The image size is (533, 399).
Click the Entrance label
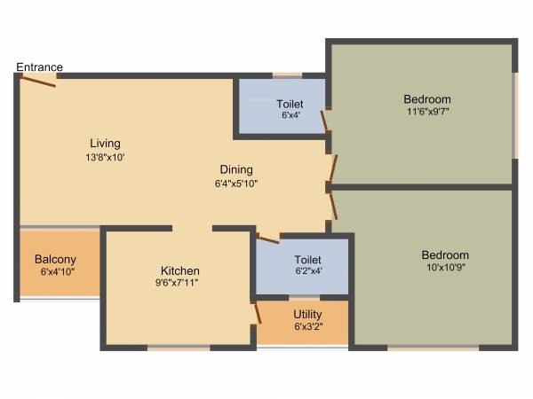pos(39,67)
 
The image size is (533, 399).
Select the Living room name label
pos(105,144)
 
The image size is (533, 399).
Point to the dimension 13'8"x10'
pos(105,157)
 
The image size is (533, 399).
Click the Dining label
pos(236,169)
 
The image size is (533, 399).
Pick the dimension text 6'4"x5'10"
pos(236,184)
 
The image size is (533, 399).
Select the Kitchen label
pos(179,270)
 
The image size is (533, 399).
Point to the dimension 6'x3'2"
pos(307,326)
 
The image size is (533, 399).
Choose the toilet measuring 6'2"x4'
pos(301,265)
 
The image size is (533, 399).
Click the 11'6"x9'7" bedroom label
pos(428,99)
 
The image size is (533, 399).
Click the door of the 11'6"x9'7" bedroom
pos(334,168)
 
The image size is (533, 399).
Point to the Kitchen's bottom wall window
pos(178,348)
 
